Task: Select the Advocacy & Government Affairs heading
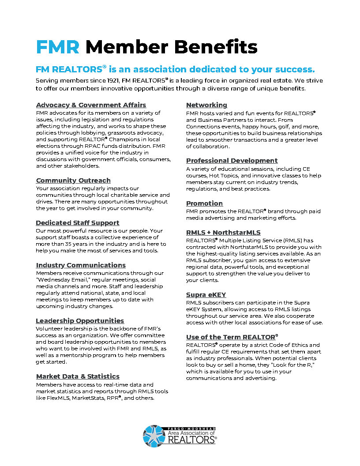[x=91, y=105]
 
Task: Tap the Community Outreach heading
[x=73, y=180]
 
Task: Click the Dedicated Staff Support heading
[x=78, y=223]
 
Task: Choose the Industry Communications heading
[x=81, y=265]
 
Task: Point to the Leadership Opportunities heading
[x=80, y=321]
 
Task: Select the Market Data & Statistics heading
[x=78, y=376]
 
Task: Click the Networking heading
[x=206, y=105]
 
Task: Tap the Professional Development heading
[x=232, y=161]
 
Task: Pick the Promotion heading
[x=204, y=203]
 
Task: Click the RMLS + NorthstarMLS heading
[x=223, y=233]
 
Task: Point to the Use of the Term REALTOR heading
[x=232, y=337]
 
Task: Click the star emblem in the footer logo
[x=154, y=435]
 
